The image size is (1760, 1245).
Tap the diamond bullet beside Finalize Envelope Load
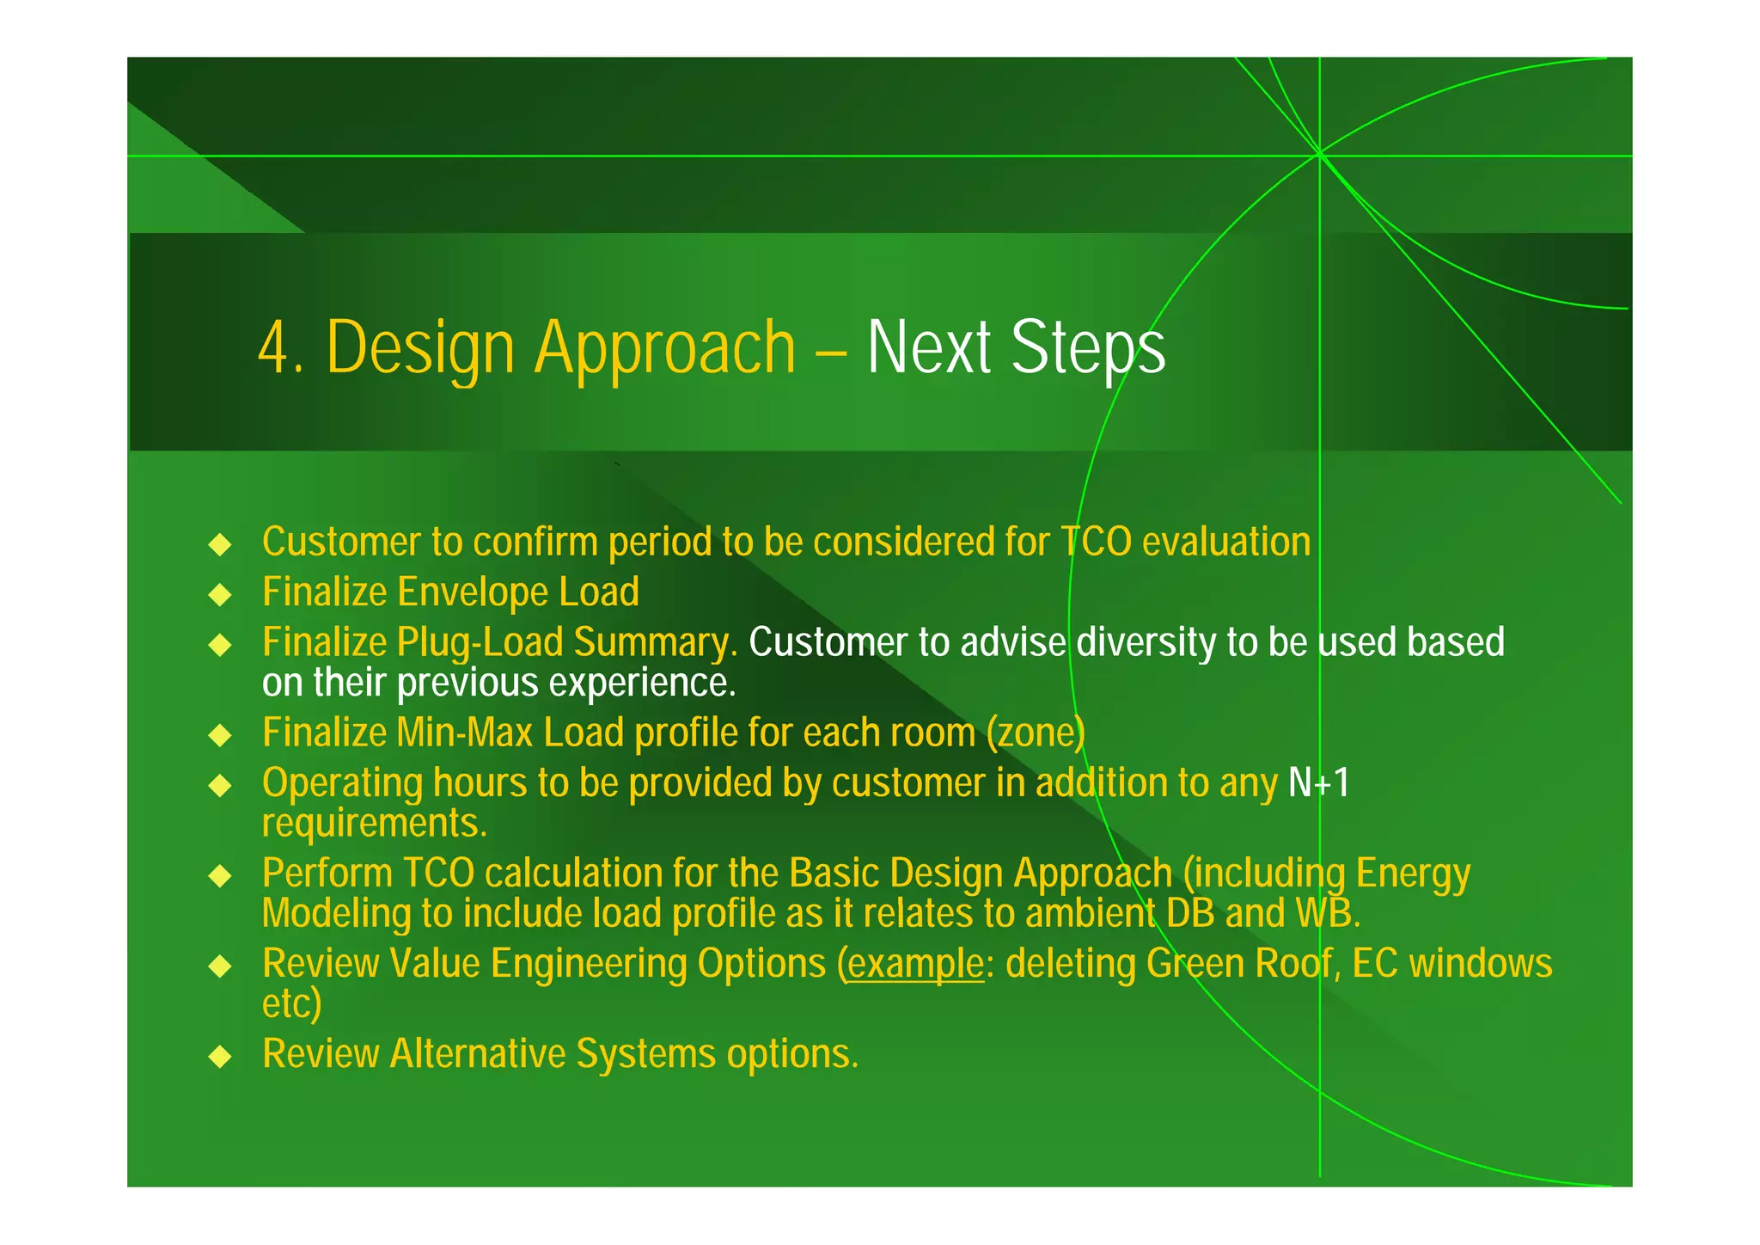pos(221,594)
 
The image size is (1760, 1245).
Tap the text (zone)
pos(1036,733)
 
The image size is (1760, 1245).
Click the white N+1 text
pos(1319,782)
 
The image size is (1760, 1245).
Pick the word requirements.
pos(374,824)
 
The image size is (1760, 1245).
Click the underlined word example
pos(915,963)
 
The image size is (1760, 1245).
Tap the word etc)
pos(291,1003)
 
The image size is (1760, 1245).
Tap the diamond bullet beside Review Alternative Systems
pos(221,1056)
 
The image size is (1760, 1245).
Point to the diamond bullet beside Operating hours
pos(221,785)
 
